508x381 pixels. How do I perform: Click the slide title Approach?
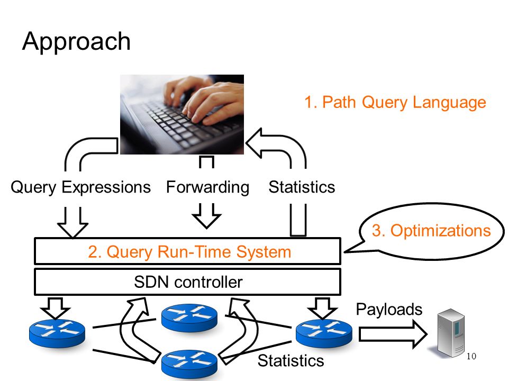[76, 41]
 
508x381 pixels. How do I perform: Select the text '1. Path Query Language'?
[395, 102]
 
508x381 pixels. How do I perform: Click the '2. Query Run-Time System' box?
[187, 251]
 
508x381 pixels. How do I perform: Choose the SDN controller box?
[187, 282]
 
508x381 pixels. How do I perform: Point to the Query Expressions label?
[80, 187]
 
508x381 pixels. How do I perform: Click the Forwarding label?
[207, 187]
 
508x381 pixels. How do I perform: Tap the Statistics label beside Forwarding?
[302, 187]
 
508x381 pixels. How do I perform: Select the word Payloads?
[389, 310]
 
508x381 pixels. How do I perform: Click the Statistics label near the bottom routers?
[291, 360]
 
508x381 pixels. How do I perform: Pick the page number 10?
[471, 356]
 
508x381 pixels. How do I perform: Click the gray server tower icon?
[450, 333]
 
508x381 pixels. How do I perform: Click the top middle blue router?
[189, 318]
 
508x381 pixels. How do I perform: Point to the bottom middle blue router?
[189, 364]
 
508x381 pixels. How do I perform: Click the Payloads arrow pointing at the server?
[393, 334]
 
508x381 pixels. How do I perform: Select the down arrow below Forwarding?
[207, 216]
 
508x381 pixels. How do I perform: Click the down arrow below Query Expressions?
[72, 222]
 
